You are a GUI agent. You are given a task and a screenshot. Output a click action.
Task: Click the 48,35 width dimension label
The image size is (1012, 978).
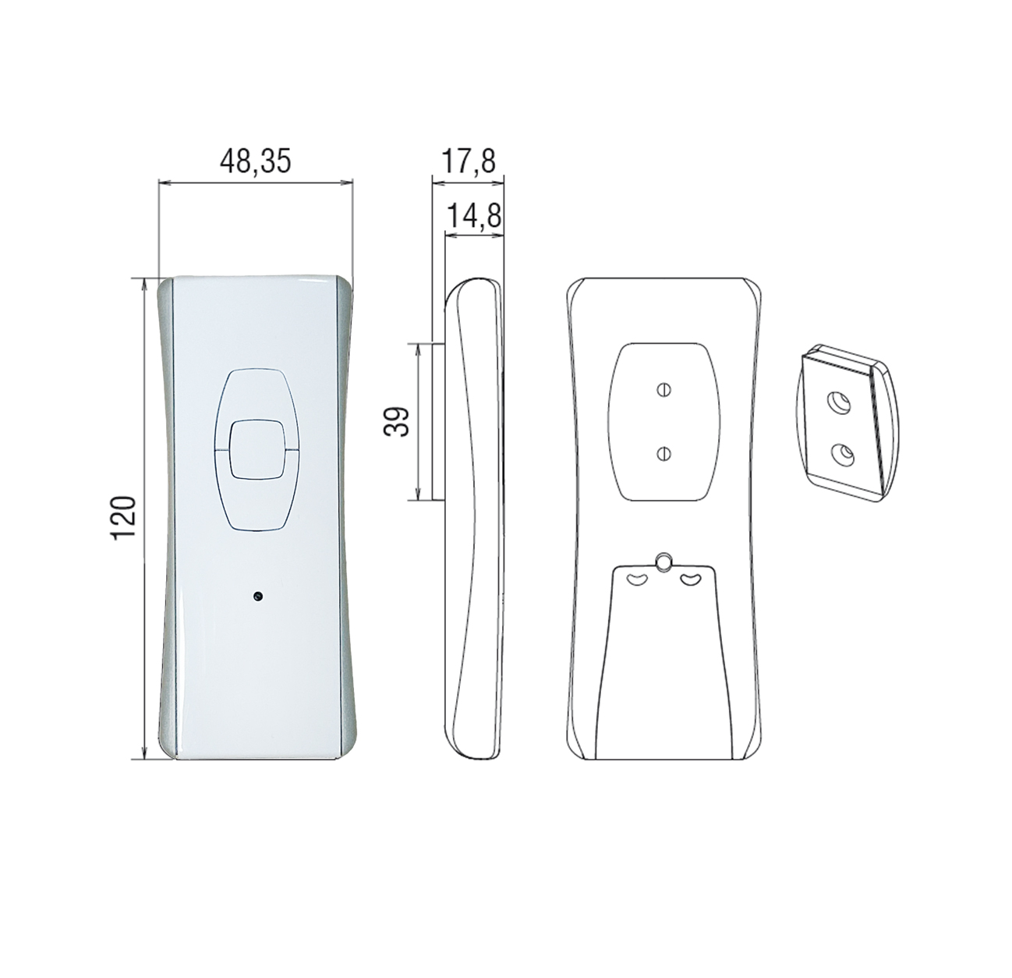tap(256, 161)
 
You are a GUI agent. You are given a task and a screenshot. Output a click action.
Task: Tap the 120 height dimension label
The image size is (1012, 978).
tap(125, 518)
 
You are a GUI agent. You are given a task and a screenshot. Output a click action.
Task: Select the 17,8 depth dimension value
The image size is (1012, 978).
tap(468, 161)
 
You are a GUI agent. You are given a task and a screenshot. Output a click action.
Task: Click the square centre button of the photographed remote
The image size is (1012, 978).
tap(257, 448)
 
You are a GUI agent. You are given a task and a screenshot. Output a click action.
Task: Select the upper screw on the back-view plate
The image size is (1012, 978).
tap(663, 389)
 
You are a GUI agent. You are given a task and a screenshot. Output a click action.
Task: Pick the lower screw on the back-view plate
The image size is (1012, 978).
tap(663, 454)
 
